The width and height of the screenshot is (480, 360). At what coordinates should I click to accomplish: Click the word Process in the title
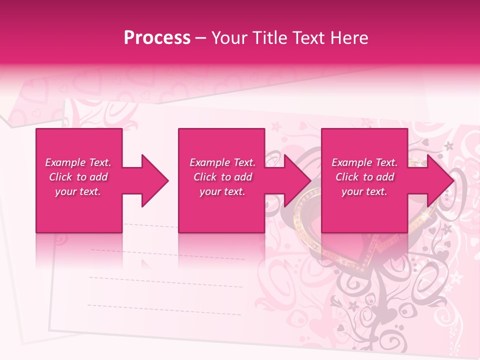point(157,38)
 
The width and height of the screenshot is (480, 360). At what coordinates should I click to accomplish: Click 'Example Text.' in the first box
point(78,162)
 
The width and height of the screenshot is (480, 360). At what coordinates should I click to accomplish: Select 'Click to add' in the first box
point(78,177)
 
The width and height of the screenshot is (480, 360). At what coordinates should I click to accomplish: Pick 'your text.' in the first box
point(78,191)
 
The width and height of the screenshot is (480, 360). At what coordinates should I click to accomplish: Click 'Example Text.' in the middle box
point(222,162)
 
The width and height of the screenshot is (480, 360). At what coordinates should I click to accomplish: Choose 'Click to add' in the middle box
point(222,177)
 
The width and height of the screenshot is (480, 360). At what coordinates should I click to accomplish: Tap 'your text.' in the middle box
point(222,191)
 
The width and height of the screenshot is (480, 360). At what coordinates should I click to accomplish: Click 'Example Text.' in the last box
point(364,162)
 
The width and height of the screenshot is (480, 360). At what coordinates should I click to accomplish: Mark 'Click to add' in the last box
point(364,177)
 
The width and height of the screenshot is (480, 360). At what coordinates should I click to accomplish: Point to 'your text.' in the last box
point(364,191)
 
